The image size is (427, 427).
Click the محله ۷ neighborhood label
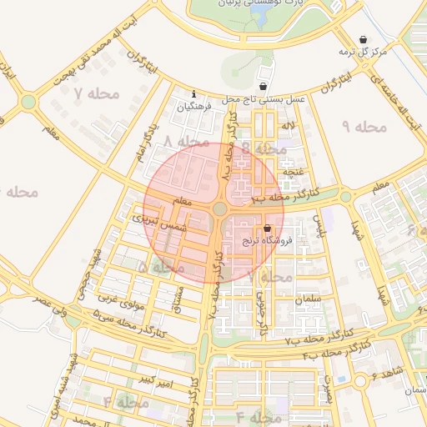[97, 93]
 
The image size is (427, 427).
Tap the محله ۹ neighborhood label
[364, 127]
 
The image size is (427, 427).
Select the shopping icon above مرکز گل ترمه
[363, 39]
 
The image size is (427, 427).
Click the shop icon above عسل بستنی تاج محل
[264, 86]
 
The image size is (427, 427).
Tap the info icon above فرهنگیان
[194, 93]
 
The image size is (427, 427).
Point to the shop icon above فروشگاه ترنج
[267, 228]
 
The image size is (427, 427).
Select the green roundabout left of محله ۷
[28, 102]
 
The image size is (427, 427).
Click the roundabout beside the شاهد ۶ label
[360, 380]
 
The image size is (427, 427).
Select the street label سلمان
[307, 298]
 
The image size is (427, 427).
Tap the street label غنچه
[293, 171]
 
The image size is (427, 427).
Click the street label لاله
[289, 126]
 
